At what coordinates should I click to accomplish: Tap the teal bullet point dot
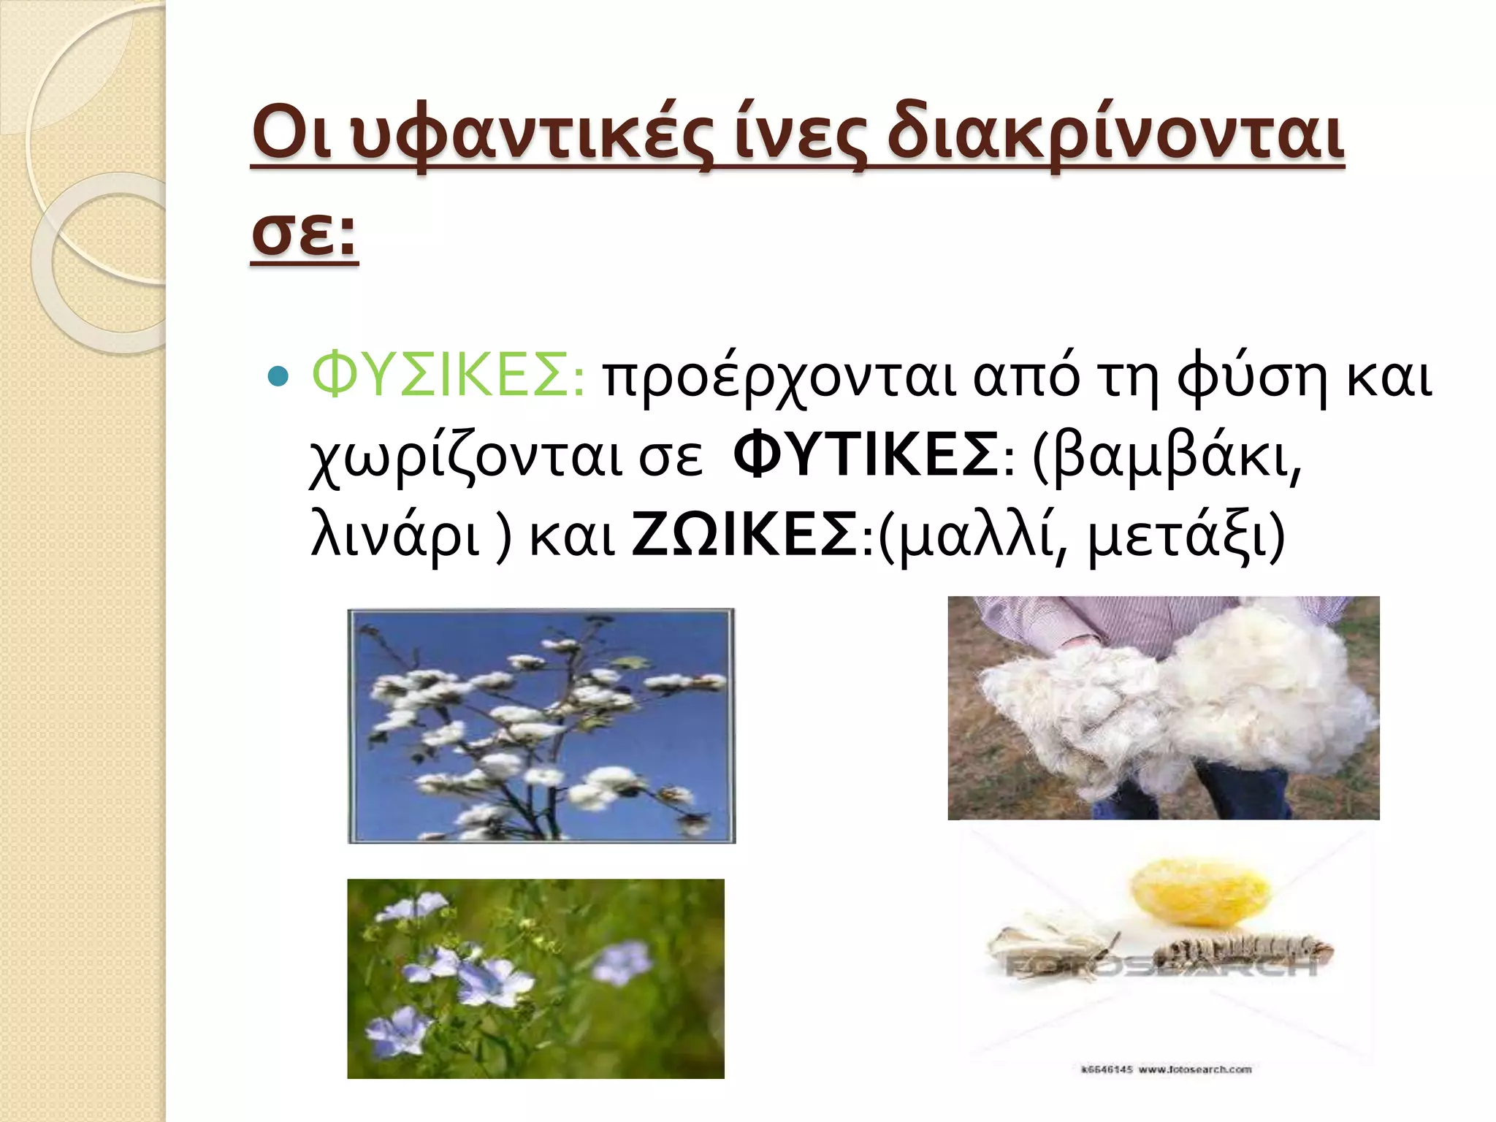[278, 376]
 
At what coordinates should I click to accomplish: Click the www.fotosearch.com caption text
[1195, 1069]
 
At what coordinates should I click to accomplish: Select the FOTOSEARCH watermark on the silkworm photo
[1161, 968]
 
